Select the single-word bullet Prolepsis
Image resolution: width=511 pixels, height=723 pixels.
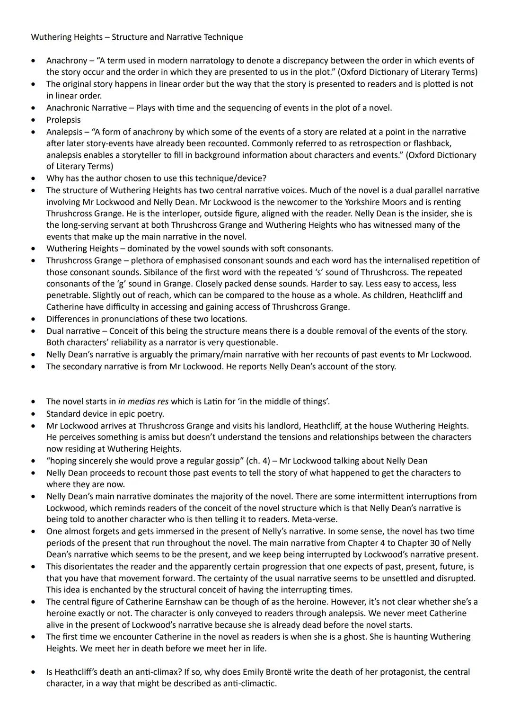coord(63,120)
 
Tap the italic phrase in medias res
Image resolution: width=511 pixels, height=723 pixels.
coord(143,402)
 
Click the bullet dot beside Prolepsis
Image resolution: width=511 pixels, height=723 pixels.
coord(33,120)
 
